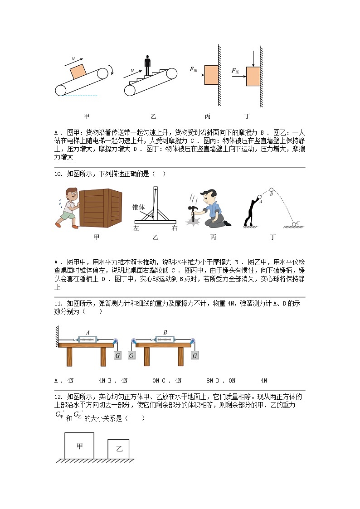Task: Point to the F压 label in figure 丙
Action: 193,69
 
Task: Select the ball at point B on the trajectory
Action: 271,189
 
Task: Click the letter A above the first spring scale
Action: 88,333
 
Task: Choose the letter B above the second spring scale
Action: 165,333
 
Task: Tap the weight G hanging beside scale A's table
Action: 117,356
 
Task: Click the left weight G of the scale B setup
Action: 131,356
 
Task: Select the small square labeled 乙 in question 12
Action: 118,449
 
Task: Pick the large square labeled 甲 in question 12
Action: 79,446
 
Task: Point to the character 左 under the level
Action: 136,228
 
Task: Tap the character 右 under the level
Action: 174,228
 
